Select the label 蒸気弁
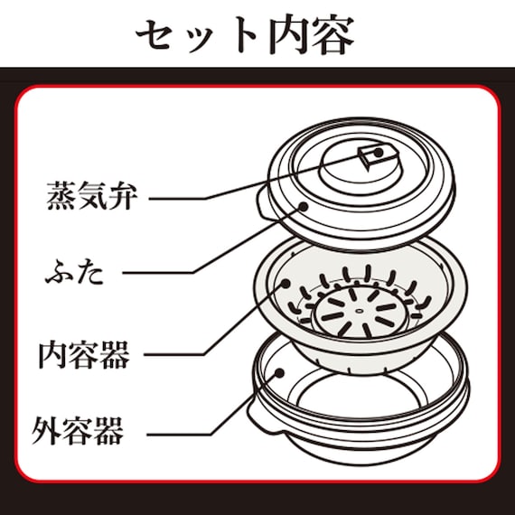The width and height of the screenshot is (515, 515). [90, 196]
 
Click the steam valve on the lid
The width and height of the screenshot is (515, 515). [372, 159]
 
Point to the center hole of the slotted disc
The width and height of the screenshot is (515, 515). [359, 310]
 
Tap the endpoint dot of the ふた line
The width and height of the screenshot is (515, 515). [304, 207]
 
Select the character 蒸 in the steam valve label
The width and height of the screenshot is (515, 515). [61, 196]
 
